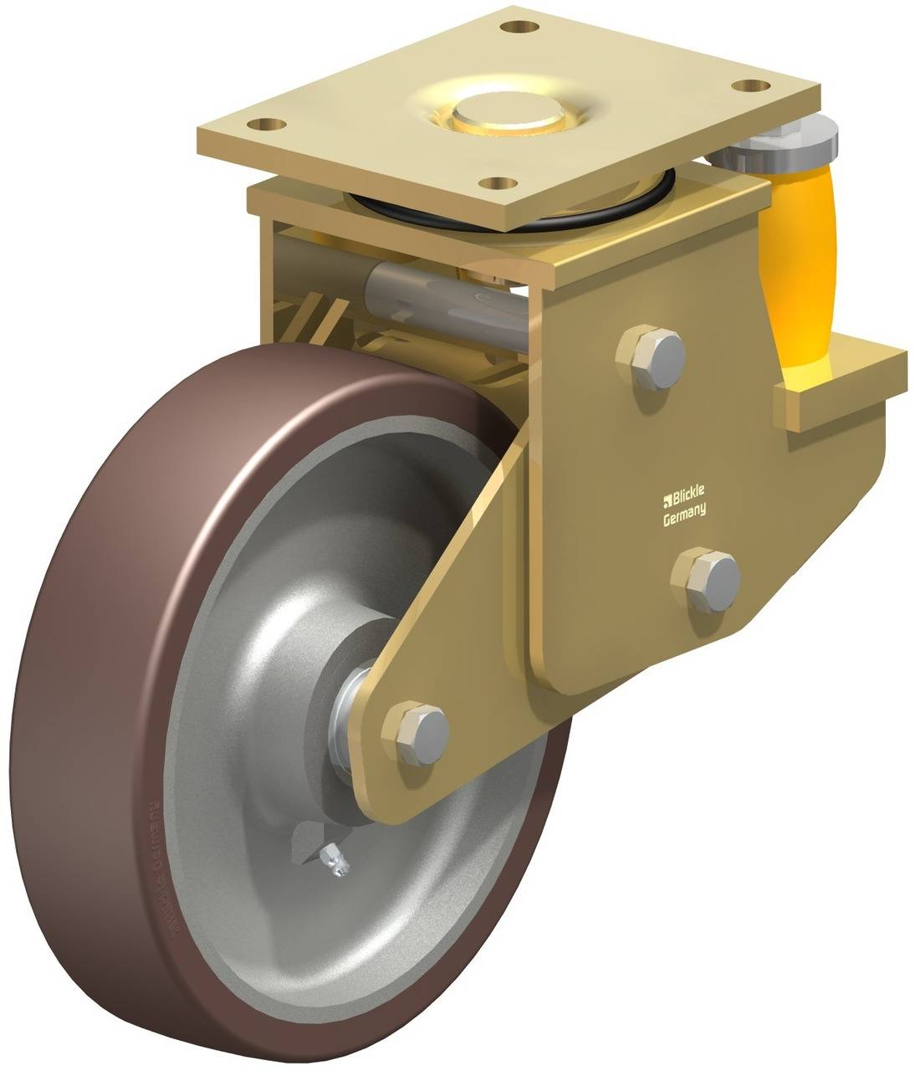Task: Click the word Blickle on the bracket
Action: pos(687,500)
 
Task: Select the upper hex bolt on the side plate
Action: pos(651,358)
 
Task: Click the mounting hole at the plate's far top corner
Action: pos(524,26)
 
